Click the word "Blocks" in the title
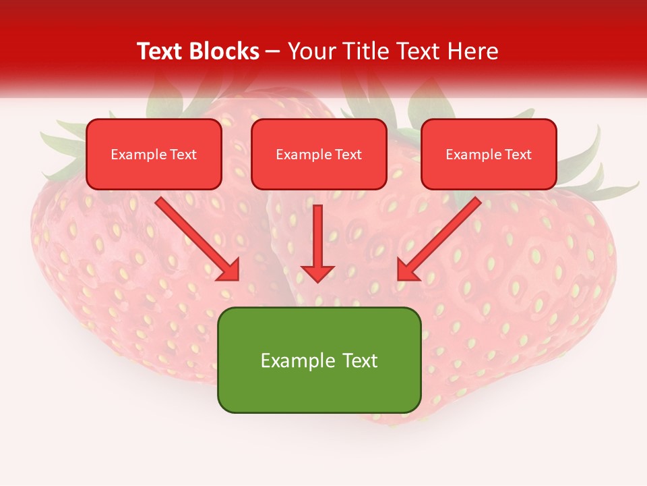(x=224, y=51)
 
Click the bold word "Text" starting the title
(x=160, y=51)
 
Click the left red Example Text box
(x=154, y=154)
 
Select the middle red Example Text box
(x=319, y=154)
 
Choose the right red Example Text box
(x=489, y=154)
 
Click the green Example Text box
(x=319, y=360)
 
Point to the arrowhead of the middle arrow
(x=317, y=273)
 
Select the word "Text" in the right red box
(x=518, y=155)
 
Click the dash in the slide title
(x=273, y=51)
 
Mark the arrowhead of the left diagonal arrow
(x=229, y=270)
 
